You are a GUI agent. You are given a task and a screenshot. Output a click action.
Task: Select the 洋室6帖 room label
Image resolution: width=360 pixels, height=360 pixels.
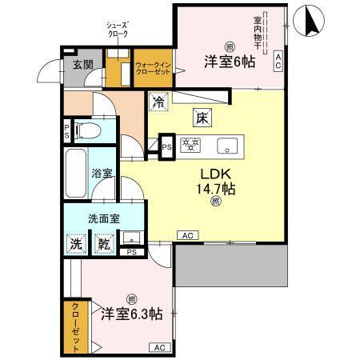coord(230,61)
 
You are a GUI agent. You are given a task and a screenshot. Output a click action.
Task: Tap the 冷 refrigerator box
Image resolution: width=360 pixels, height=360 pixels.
coord(158,102)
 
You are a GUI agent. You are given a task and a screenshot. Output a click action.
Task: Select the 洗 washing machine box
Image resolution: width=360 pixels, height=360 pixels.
coord(74,243)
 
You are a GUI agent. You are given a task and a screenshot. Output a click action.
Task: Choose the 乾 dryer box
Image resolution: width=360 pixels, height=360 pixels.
coord(103,243)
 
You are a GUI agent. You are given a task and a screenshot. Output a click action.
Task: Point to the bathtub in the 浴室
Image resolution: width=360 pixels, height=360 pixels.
coord(77,174)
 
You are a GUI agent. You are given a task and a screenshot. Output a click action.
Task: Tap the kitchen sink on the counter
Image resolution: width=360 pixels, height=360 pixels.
coord(227,146)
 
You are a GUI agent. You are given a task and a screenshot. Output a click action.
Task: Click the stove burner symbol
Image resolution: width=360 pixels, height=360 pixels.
coord(192,146)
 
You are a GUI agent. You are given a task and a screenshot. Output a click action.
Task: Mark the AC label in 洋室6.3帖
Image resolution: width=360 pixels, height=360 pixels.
coord(158,347)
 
